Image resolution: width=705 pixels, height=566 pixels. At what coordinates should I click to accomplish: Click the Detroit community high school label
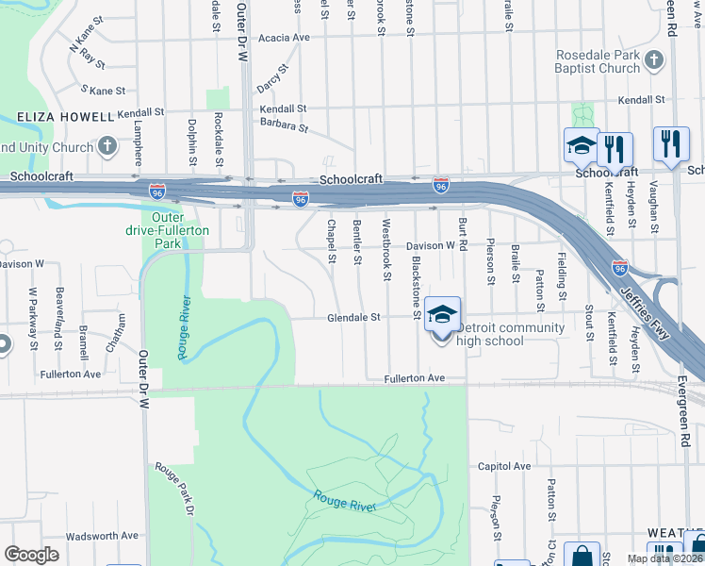510,334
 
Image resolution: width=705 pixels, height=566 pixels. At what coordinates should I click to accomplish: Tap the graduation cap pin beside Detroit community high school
440,314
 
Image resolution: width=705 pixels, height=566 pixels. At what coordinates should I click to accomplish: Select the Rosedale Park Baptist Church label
598,61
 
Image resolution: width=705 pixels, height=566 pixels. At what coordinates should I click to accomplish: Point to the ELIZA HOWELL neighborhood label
65,117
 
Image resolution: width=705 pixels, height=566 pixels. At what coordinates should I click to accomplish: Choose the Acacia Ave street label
286,38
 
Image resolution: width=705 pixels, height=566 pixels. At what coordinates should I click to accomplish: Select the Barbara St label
285,125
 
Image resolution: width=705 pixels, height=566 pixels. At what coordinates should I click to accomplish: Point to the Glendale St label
353,318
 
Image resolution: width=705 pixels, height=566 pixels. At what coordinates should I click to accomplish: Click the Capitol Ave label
504,466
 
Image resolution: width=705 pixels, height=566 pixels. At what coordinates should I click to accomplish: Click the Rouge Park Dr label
179,491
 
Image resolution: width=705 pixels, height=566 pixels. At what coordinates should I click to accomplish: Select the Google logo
31,555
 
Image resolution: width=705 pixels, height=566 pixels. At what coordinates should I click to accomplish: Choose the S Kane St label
104,91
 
